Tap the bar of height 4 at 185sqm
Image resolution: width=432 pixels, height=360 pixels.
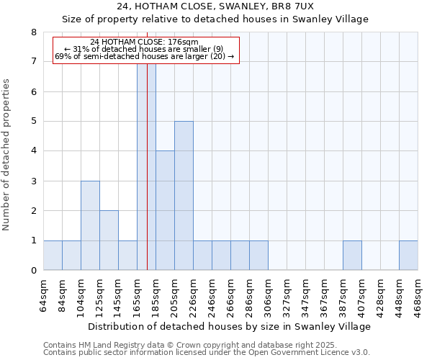coord(165,210)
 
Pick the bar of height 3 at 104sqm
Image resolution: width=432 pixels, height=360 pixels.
coord(90,225)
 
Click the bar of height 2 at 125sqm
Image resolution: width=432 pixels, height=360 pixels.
coord(109,240)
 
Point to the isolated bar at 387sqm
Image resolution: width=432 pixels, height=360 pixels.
coord(352,256)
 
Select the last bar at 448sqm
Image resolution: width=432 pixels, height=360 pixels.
coord(408,256)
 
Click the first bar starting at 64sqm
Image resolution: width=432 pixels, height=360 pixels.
coord(53,256)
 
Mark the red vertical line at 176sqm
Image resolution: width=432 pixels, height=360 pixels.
coord(147,180)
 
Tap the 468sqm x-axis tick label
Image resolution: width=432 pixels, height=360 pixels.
coord(418,294)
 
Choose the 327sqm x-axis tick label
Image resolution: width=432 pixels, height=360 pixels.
coord(287,294)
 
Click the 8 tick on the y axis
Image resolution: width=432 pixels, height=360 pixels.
coord(33,32)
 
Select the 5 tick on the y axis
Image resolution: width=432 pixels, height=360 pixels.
coord(33,122)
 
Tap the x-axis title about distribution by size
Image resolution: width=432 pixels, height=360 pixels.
coord(230,326)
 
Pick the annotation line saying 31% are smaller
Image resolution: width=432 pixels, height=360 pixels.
coord(144,49)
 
